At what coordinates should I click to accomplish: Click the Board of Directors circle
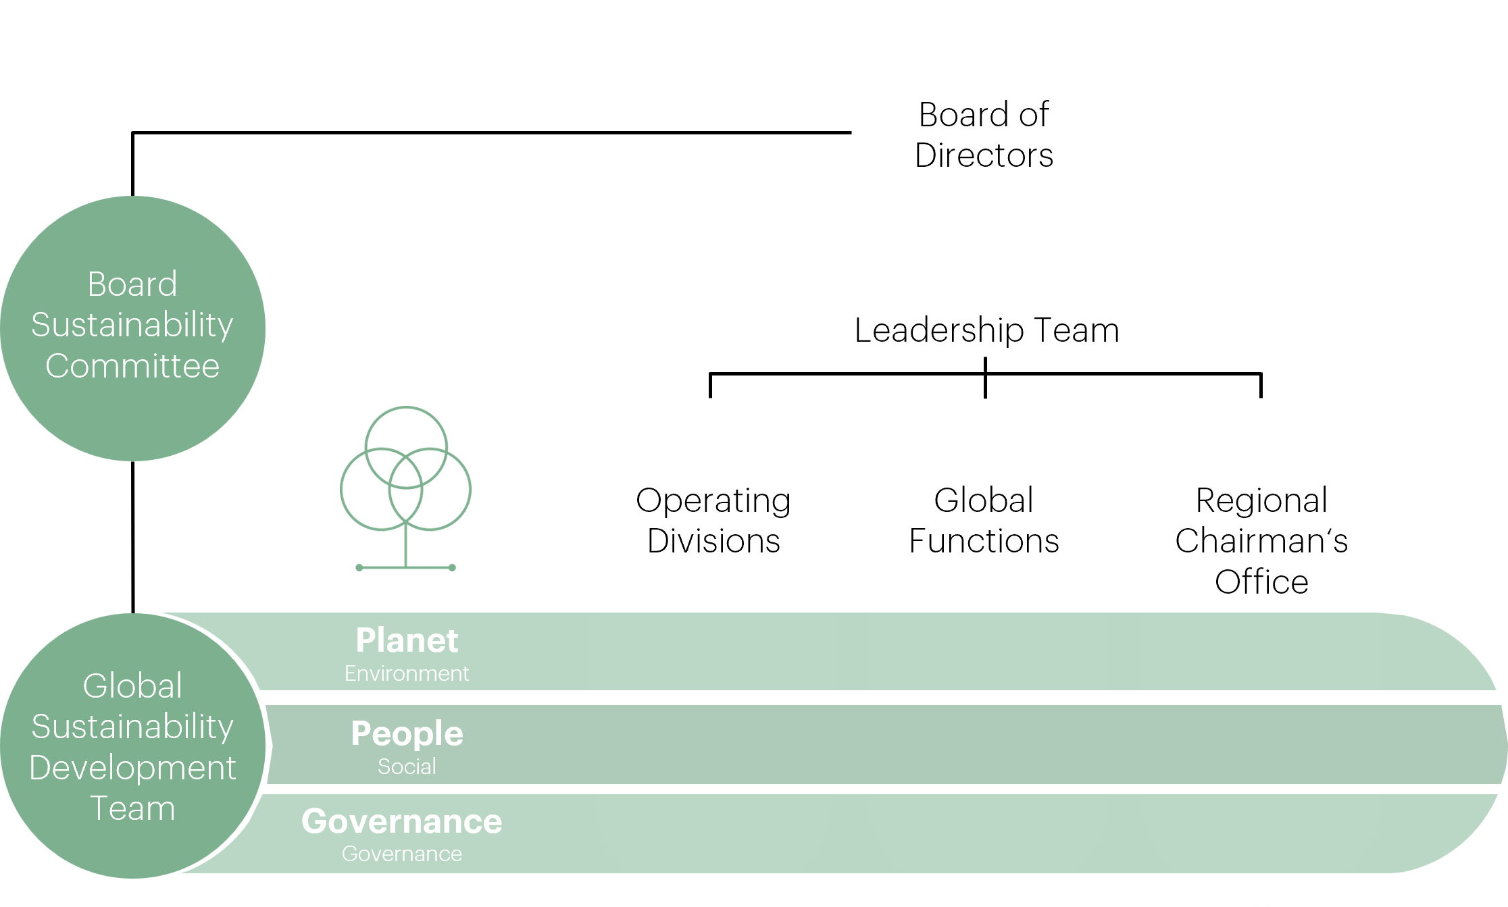tap(984, 133)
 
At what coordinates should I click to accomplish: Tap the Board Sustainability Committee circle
tap(132, 328)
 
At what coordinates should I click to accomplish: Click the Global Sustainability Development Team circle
tap(132, 746)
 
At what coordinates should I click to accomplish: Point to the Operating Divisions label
tap(713, 520)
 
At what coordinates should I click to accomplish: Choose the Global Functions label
tap(984, 520)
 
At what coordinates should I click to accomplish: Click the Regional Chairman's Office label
tap(1261, 540)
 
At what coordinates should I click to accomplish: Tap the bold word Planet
tap(407, 640)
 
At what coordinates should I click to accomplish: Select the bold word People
tap(407, 733)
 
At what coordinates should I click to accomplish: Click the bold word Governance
tap(402, 821)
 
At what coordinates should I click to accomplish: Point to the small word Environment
tap(407, 673)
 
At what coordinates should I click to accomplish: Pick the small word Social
tap(407, 767)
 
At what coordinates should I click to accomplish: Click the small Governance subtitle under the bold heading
tap(402, 854)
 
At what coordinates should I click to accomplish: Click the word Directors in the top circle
tap(984, 155)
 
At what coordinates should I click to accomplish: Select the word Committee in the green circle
tap(132, 366)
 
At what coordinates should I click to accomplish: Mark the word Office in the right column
tap(1261, 581)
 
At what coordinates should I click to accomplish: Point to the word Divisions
tap(713, 541)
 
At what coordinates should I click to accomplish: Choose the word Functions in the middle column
tap(984, 541)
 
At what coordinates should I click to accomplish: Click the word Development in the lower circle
tap(132, 768)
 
